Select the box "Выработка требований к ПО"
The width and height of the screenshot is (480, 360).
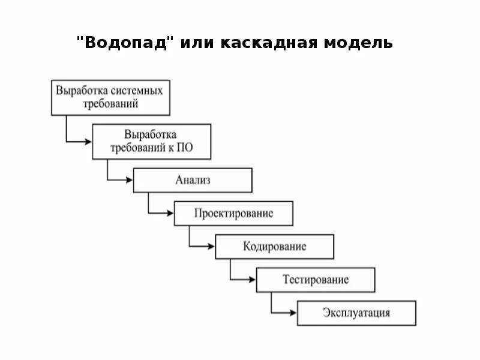coord(151,142)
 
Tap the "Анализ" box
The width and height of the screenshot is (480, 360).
coord(193,180)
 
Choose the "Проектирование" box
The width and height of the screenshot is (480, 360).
coord(233,214)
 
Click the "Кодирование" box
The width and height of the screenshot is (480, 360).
coord(274,247)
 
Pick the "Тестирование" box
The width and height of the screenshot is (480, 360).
coord(315,280)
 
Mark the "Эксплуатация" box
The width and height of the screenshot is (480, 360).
coord(356,313)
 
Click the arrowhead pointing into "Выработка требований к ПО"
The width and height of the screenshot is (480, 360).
coord(88,142)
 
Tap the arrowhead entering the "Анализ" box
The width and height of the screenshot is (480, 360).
coord(129,180)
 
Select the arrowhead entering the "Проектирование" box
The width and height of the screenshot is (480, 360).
coord(170,214)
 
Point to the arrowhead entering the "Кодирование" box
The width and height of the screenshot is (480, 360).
coord(211,247)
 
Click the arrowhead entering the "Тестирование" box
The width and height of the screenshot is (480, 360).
coord(252,280)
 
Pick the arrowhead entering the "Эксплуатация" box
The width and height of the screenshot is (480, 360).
coord(293,313)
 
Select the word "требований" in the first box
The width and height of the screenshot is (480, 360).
coord(110,103)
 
